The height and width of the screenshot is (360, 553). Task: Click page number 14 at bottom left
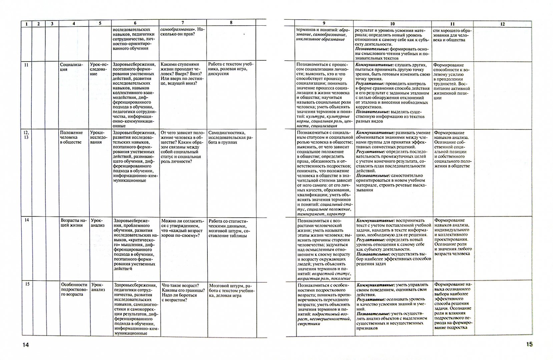[26, 345]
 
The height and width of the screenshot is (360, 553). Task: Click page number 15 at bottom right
[529, 344]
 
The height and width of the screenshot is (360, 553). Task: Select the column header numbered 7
[182, 23]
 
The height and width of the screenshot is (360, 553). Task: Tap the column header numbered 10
[392, 24]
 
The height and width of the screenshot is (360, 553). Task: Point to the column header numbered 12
[503, 24]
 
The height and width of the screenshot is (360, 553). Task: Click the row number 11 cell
[26, 65]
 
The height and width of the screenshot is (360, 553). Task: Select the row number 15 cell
[27, 284]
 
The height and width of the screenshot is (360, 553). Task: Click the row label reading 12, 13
[26, 135]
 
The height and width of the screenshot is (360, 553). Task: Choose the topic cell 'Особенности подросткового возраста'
[74, 290]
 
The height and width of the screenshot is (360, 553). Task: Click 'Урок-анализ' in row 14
[97, 223]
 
